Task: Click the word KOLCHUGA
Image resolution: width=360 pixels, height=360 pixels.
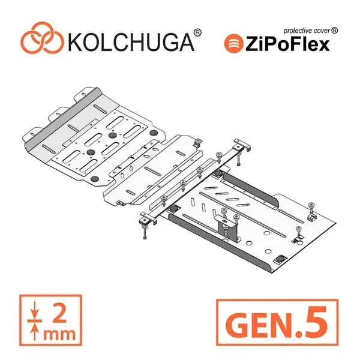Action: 131,43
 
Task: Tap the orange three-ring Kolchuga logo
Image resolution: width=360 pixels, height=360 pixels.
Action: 42,38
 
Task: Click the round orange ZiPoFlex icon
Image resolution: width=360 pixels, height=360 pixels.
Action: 233,43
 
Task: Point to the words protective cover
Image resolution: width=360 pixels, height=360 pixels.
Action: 307,31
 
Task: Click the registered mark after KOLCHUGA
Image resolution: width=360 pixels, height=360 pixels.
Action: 197,32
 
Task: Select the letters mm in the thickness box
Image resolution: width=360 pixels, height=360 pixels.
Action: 59,334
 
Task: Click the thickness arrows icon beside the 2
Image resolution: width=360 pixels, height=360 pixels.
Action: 34,320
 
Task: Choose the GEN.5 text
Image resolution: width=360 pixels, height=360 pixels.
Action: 277,322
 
